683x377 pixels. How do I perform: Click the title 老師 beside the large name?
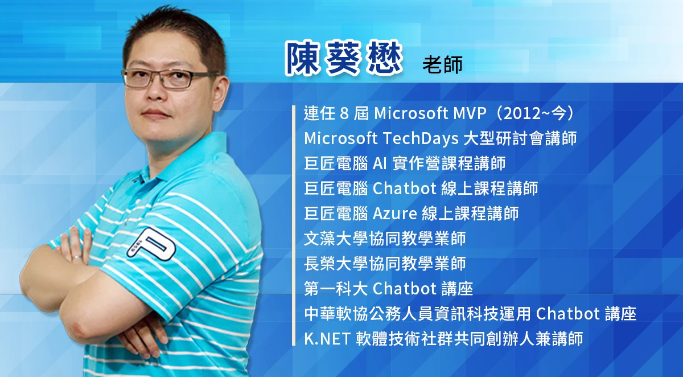[442, 64]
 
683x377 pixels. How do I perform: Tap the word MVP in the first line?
[470, 113]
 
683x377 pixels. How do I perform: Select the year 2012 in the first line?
[522, 113]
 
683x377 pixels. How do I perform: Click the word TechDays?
[421, 138]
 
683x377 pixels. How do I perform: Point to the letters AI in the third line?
[380, 163]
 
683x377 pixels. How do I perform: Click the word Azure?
[395, 213]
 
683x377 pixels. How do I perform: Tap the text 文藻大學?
[336, 239]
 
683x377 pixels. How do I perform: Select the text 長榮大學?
[336, 264]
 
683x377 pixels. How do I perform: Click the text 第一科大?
[336, 289]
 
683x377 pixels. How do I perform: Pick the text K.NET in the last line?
[327, 339]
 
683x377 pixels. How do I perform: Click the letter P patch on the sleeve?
[152, 245]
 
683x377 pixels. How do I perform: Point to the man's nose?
[156, 92]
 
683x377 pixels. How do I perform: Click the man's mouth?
[157, 113]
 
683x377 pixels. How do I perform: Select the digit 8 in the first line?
[344, 113]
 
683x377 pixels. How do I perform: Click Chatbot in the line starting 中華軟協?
[568, 314]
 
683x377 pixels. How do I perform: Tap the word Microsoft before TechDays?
[341, 138]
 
